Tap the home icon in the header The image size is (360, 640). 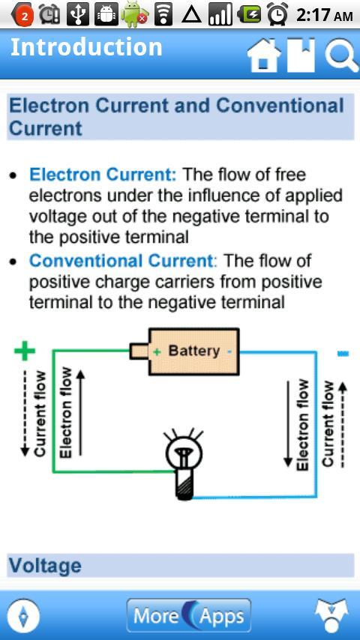tap(264, 56)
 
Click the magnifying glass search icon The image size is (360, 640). tap(341, 56)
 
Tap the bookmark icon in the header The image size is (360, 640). tap(301, 55)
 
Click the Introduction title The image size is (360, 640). tap(86, 47)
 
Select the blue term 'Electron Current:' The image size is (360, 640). tap(103, 175)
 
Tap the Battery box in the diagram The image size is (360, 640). tap(184, 351)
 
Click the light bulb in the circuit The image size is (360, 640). tap(184, 464)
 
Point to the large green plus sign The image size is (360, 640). tap(25, 351)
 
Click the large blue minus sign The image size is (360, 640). tap(343, 354)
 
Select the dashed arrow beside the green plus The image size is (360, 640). tap(25, 413)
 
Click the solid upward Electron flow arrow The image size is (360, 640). tap(81, 412)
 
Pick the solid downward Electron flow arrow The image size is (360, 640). tap(288, 423)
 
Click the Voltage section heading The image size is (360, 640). tap(45, 566)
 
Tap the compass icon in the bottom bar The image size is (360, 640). tap(24, 615)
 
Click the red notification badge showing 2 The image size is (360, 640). tap(25, 16)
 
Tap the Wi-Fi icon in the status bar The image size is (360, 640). tap(163, 15)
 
